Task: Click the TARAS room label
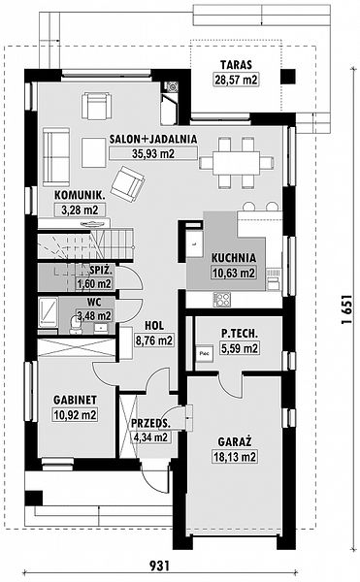point(236,65)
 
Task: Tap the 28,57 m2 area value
point(236,80)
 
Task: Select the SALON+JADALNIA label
point(153,139)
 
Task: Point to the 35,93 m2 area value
point(153,153)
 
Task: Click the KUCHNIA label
point(234,258)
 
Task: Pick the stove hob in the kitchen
point(221,300)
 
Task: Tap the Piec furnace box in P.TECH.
point(205,353)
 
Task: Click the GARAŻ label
point(235,441)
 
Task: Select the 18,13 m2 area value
point(235,457)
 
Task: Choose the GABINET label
point(76,400)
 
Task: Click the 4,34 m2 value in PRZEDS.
point(150,437)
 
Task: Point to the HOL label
point(154,326)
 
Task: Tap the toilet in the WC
point(76,325)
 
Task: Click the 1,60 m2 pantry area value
point(94,284)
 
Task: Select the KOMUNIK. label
point(80,195)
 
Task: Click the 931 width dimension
point(160,566)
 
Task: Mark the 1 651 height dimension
point(346,309)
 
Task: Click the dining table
point(236,163)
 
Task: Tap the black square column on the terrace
point(288,76)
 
